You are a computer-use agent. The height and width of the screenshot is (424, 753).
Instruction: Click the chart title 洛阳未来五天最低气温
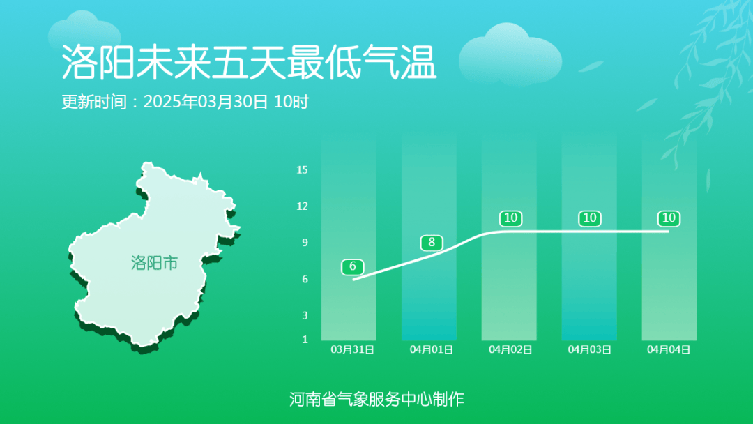tap(249, 63)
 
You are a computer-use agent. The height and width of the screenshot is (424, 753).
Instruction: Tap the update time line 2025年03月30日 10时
tap(226, 102)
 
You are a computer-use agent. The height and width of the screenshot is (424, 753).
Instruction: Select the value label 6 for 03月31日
tap(353, 266)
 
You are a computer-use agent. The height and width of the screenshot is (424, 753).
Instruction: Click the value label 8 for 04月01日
tap(432, 243)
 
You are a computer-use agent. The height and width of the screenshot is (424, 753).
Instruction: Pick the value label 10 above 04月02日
tap(510, 218)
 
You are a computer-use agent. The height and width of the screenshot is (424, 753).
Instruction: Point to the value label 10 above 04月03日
tap(590, 218)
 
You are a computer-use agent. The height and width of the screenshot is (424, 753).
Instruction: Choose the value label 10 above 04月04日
tap(669, 218)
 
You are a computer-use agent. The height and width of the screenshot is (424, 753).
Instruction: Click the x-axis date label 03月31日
tap(353, 349)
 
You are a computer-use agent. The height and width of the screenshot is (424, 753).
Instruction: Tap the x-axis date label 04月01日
tap(432, 349)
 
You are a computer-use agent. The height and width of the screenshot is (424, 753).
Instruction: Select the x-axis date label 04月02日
tap(510, 349)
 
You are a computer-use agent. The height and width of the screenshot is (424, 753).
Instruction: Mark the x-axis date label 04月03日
tap(590, 349)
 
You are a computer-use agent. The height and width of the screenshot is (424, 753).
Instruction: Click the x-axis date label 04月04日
tap(669, 349)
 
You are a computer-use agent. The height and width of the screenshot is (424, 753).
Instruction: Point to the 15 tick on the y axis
tap(302, 169)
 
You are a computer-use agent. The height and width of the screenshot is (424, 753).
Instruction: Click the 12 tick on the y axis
tap(302, 206)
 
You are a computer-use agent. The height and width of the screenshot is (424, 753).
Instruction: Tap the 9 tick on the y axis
tap(305, 243)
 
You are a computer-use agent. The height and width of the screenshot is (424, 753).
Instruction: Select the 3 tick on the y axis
tap(305, 315)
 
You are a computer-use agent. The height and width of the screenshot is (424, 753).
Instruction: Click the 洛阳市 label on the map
tap(154, 263)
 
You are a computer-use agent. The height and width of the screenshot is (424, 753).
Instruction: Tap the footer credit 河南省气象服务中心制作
tap(376, 399)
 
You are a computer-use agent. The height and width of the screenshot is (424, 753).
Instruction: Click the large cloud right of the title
tap(510, 54)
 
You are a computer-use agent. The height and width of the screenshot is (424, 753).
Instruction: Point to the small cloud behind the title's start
tap(84, 31)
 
